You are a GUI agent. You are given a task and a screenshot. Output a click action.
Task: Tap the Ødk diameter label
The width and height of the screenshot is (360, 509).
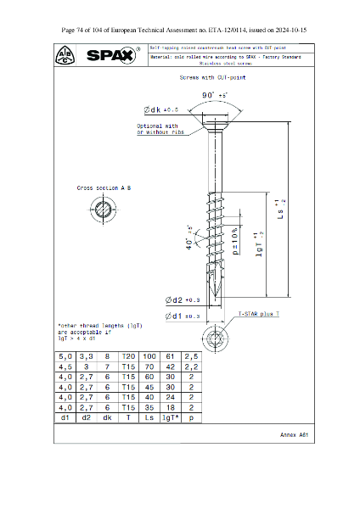(162, 110)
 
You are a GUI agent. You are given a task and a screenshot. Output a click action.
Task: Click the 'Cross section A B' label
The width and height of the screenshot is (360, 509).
(104, 187)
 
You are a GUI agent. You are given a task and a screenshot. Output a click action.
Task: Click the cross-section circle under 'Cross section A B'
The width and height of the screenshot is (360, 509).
(104, 209)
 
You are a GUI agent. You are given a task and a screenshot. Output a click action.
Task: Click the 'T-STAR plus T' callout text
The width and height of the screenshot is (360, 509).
(258, 313)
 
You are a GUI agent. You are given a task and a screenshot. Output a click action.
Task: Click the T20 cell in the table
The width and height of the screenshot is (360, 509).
(129, 357)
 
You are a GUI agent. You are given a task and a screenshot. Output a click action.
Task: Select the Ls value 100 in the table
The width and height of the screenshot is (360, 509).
(150, 357)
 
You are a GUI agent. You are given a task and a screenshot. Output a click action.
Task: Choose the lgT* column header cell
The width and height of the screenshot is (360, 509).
(171, 418)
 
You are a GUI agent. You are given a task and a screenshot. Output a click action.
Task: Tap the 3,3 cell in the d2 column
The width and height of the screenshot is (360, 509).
(87, 357)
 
